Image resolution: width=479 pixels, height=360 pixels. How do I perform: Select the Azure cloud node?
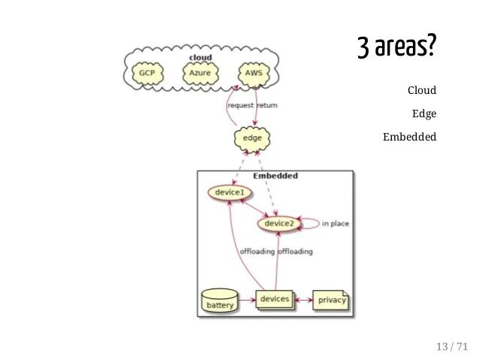(x=200, y=73)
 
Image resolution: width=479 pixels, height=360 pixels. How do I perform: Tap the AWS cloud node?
(x=254, y=73)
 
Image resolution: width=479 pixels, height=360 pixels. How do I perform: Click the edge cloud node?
(x=252, y=138)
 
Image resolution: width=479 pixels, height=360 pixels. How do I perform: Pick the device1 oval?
(x=229, y=192)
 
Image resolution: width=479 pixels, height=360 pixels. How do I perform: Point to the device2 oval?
(x=279, y=223)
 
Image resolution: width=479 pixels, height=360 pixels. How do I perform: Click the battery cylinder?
(x=220, y=303)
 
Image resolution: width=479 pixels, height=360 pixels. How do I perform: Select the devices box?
(x=274, y=300)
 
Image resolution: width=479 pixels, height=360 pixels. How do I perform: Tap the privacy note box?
(x=331, y=301)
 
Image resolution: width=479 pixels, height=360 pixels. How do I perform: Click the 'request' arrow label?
(x=240, y=105)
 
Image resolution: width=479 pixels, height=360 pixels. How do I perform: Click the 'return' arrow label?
(x=267, y=105)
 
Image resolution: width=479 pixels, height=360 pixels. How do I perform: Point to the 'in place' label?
(x=335, y=223)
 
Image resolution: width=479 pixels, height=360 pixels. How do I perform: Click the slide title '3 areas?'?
(x=396, y=48)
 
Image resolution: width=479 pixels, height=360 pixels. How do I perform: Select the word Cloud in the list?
(x=421, y=91)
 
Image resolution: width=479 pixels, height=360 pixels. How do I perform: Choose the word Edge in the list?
(x=424, y=114)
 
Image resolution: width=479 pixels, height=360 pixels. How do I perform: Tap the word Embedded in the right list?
(x=409, y=138)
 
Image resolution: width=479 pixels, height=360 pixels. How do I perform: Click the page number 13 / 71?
(x=451, y=346)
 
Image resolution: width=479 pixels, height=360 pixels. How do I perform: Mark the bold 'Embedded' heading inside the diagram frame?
(x=275, y=176)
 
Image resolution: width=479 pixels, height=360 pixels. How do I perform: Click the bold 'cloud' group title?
(x=200, y=57)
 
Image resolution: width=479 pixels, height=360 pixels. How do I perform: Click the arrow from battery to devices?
(x=247, y=300)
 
